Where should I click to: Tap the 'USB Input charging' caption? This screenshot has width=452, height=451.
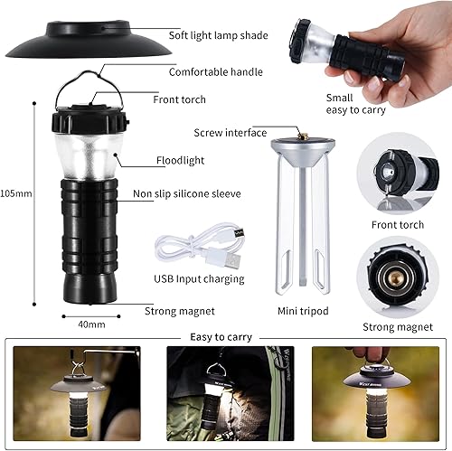[199, 279]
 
